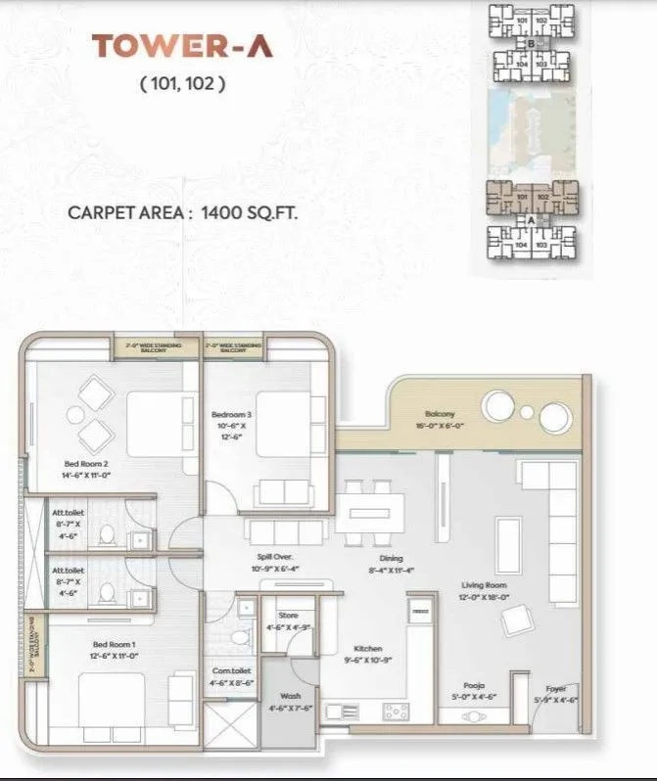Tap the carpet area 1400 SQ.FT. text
(182, 210)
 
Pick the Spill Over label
(263, 562)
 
